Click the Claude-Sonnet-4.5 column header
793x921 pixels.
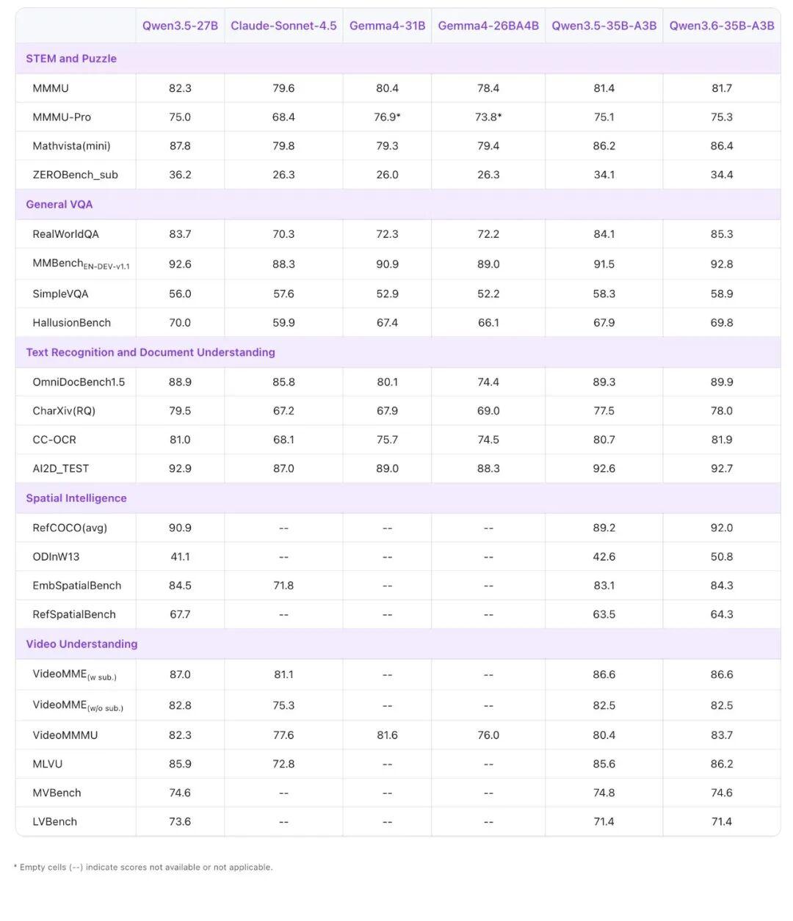tap(283, 26)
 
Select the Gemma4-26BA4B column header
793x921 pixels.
tap(488, 26)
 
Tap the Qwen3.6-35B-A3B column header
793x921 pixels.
tap(722, 26)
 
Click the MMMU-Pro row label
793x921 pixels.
tap(62, 117)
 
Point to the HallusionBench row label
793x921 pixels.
tap(72, 323)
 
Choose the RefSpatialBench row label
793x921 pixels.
tap(74, 614)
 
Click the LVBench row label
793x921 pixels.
tap(55, 821)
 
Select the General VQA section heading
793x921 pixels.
tap(59, 205)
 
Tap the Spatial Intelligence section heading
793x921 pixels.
tap(76, 498)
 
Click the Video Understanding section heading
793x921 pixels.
tap(82, 644)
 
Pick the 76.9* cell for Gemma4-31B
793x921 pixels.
tap(387, 117)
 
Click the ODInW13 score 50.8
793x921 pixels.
tap(722, 556)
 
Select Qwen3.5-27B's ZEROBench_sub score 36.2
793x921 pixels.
tap(180, 175)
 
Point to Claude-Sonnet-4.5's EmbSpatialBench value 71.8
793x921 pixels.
tap(283, 586)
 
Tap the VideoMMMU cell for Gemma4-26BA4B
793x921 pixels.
tap(488, 735)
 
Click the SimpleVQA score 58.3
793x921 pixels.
tap(604, 294)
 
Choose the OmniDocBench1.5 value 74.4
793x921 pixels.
tap(488, 382)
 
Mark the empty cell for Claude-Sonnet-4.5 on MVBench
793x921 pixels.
tap(283, 793)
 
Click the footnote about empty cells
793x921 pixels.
tap(143, 867)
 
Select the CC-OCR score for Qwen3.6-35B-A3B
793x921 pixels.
tap(722, 440)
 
